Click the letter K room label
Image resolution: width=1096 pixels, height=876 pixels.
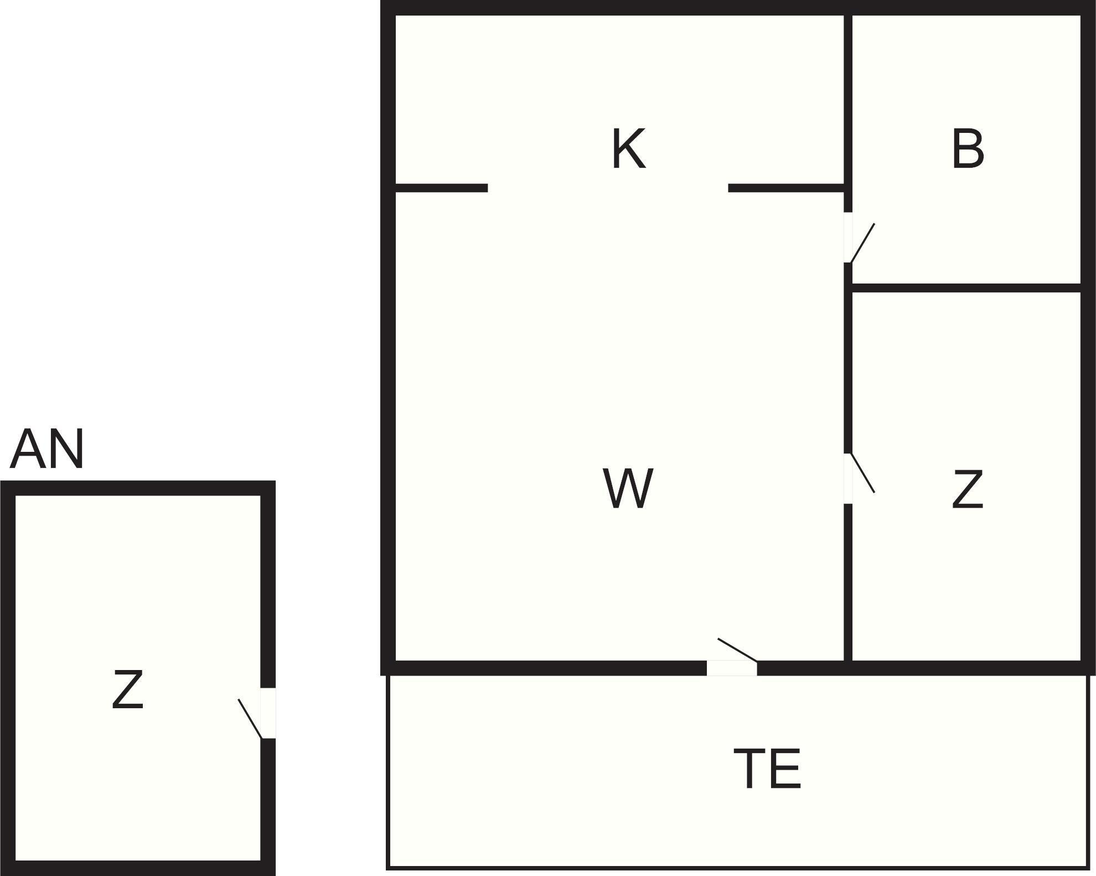coord(628,149)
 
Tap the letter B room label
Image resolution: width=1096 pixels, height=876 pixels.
coord(968,149)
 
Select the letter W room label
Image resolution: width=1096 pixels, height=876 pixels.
coord(628,488)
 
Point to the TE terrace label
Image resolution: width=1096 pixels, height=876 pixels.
coord(767,769)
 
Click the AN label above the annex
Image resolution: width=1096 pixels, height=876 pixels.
coord(47,449)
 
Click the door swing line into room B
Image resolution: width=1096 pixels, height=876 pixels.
coord(862,243)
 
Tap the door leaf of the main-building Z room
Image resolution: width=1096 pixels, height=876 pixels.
coord(862,473)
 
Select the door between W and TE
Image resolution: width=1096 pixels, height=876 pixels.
coord(732,668)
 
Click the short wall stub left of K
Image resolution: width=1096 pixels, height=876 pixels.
coord(441,188)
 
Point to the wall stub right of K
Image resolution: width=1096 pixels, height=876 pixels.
coord(786,188)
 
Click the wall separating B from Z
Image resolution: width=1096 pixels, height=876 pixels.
coord(966,288)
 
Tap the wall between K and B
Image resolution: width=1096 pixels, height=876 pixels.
coord(847,100)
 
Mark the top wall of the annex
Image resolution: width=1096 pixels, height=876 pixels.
coord(137,488)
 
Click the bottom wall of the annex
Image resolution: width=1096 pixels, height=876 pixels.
coord(137,868)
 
